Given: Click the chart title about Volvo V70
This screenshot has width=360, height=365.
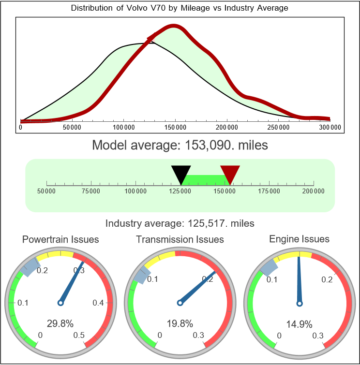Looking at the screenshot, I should [180, 8].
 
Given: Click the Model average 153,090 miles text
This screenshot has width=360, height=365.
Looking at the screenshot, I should [180, 145].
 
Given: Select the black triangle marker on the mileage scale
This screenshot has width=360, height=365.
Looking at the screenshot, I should [181, 173].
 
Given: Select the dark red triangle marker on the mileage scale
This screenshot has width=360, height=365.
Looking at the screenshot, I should [230, 173].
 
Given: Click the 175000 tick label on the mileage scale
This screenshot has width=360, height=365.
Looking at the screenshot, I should [269, 191].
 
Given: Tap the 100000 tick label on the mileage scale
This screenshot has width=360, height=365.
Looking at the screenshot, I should [135, 191].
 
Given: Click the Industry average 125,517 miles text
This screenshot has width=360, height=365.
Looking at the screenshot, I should [180, 223].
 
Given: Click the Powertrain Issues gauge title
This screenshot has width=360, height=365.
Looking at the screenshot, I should [60, 239].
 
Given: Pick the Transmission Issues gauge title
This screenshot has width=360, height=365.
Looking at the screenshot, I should [180, 239].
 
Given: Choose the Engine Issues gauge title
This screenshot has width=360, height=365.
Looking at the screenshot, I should [299, 239].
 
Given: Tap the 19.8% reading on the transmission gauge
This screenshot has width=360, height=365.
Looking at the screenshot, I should [180, 323].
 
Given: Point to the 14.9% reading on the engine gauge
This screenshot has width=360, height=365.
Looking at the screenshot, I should [299, 323].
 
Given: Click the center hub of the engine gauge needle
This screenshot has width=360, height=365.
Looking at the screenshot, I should [299, 303].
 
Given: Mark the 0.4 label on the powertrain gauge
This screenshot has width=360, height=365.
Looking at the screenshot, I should [98, 303].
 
